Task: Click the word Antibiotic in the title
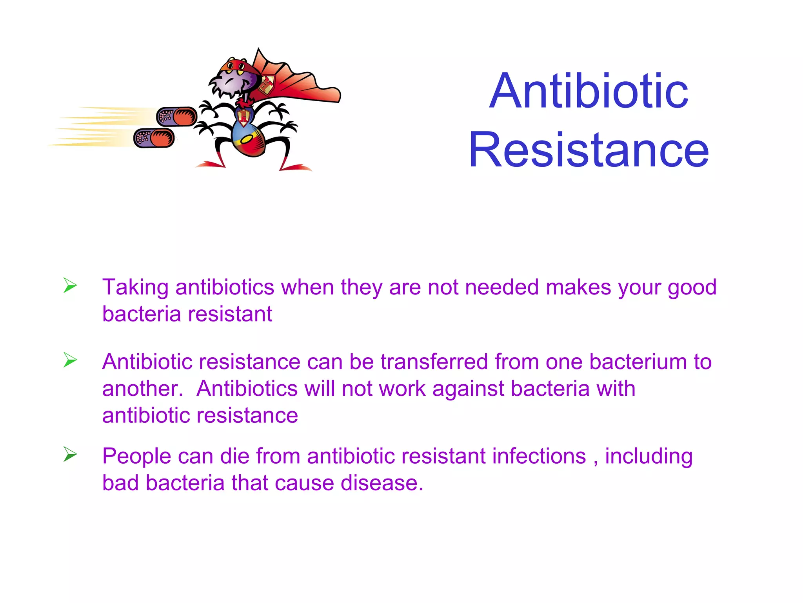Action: [589, 91]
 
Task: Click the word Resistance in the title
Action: [589, 150]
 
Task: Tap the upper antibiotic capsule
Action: [176, 117]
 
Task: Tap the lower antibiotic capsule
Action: [154, 138]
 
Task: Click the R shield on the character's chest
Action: [244, 117]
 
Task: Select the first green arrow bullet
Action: [70, 285]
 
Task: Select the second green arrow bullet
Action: [70, 360]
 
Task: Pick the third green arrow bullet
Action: [70, 455]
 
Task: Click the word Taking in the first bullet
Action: [135, 288]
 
